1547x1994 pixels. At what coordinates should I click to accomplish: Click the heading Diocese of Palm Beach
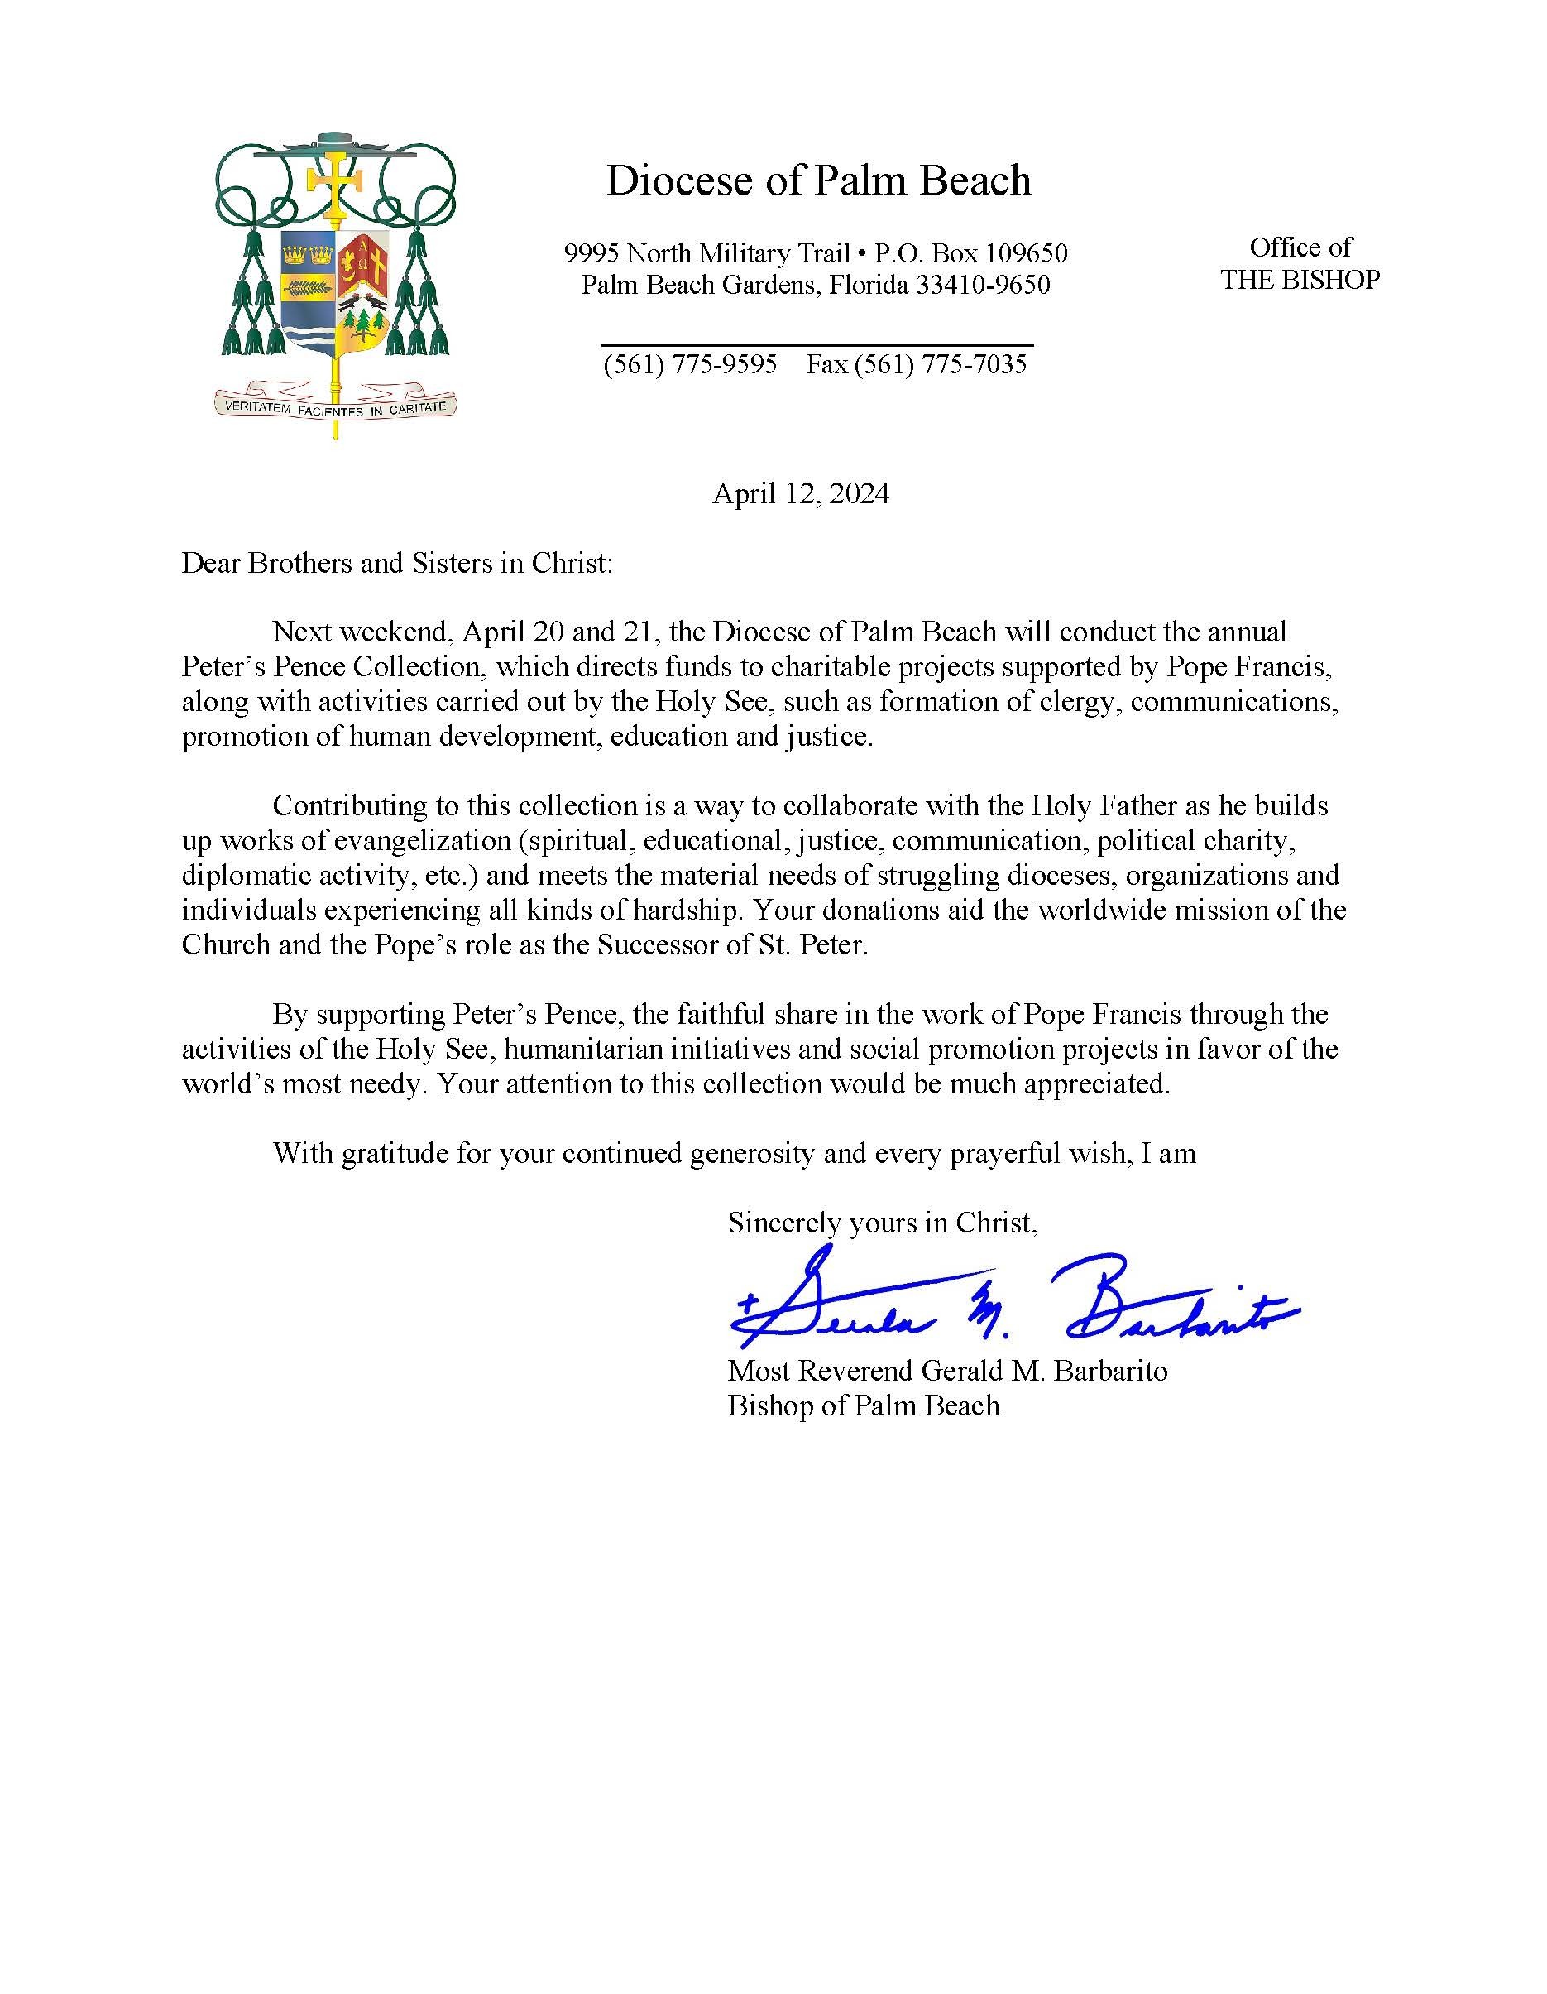[x=819, y=180]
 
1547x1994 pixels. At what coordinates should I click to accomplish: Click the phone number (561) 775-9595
[x=690, y=364]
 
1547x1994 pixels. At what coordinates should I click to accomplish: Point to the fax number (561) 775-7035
[x=940, y=364]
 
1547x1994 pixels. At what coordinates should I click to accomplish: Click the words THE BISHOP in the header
[x=1300, y=280]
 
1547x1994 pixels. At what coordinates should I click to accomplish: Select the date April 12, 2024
[x=801, y=494]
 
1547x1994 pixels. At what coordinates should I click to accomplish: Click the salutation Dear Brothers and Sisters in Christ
[x=396, y=564]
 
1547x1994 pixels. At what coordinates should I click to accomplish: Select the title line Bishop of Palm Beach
[x=864, y=1406]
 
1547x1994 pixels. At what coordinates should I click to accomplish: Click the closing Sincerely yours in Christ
[x=882, y=1223]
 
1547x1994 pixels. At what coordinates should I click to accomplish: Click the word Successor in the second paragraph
[x=658, y=945]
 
